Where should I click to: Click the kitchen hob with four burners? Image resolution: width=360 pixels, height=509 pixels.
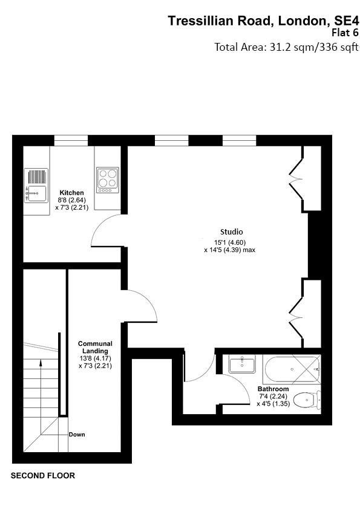(108, 180)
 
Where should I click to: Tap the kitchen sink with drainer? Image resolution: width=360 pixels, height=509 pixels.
(36, 186)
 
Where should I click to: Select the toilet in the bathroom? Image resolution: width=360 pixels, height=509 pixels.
(307, 400)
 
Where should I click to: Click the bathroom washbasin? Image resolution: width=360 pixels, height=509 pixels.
(242, 363)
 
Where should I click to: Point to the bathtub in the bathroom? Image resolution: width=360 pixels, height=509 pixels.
(292, 369)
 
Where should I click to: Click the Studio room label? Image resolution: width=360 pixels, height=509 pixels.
(231, 232)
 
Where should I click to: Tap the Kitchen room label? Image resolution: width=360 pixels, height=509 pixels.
(71, 192)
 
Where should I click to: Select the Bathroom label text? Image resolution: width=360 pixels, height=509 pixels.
(273, 389)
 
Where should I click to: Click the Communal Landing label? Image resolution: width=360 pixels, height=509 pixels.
(95, 347)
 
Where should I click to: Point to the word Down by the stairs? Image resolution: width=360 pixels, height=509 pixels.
(77, 434)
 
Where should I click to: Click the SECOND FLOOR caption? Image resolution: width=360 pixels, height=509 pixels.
(43, 476)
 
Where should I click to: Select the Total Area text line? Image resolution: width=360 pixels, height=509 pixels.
(286, 47)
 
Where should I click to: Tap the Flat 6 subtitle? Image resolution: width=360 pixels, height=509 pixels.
(345, 33)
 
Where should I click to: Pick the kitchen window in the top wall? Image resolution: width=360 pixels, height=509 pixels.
(71, 140)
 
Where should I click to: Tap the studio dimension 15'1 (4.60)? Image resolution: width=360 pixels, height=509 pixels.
(230, 242)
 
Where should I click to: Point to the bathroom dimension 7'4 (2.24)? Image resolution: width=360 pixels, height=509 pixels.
(273, 397)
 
